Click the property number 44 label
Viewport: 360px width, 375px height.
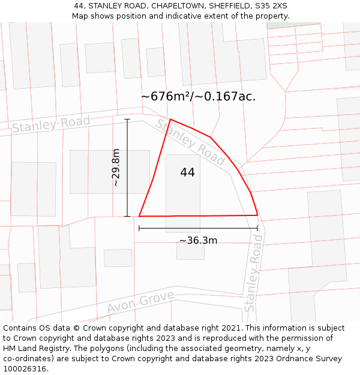(187, 173)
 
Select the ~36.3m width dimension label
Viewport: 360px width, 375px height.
(198, 241)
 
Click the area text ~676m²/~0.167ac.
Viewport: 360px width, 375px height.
(198, 97)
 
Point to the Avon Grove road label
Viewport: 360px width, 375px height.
(140, 302)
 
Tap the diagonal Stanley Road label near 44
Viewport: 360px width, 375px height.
(191, 143)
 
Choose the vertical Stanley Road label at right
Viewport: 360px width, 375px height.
(254, 273)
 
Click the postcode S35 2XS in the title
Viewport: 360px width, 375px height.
(271, 6)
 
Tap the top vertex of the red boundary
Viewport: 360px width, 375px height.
(170, 119)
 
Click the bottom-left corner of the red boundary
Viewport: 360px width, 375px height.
(139, 216)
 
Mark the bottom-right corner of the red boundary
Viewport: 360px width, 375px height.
(257, 215)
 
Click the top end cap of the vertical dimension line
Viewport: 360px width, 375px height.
(127, 119)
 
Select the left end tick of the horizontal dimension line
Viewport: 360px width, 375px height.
(139, 228)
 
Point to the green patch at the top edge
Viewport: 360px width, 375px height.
(284, 25)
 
